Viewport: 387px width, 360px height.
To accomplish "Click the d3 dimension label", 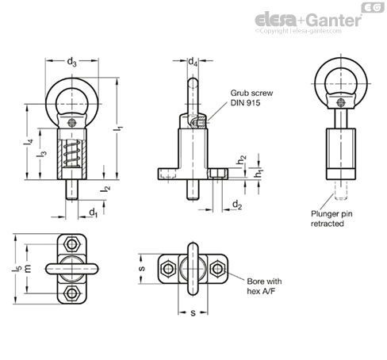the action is tap(71, 62).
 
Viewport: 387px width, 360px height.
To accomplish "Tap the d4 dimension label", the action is tap(193, 62).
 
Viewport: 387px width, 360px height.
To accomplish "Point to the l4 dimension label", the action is tap(29, 142).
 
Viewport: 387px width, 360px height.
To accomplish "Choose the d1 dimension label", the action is tap(94, 213).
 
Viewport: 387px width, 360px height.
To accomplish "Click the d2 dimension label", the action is tap(237, 205).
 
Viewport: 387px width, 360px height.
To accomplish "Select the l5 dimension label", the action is tap(16, 268).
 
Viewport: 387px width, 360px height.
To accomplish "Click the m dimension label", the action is tap(28, 268).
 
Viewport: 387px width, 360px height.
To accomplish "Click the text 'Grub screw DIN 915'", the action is tap(251, 98).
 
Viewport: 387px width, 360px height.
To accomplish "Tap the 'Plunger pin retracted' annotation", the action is tap(331, 219).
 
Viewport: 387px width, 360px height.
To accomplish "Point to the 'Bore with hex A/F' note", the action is tap(264, 286).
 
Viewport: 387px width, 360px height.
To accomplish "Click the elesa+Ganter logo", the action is tap(308, 21).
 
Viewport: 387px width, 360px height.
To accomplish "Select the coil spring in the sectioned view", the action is tap(72, 154).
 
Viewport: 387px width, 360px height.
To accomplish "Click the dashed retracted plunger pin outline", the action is tap(341, 190).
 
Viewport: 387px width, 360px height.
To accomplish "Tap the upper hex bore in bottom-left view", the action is tap(71, 244).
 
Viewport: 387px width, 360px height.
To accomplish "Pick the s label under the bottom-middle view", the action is tap(193, 313).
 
